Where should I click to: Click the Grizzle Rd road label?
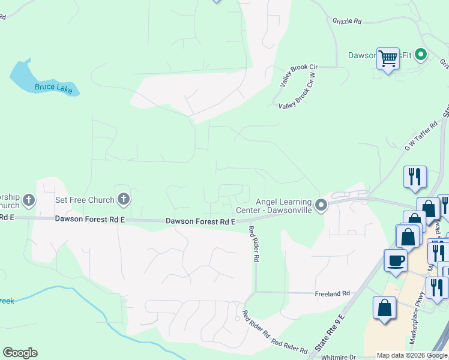pyautogui.click(x=347, y=21)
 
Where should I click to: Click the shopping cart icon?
pyautogui.click(x=388, y=58)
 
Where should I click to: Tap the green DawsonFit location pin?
pyautogui.click(x=421, y=55)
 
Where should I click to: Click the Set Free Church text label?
pyautogui.click(x=85, y=200)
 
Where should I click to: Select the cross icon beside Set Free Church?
pyautogui.click(x=124, y=199)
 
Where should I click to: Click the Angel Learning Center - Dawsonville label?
pyautogui.click(x=283, y=205)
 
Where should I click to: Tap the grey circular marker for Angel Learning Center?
pyautogui.click(x=321, y=205)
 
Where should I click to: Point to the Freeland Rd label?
pyautogui.click(x=333, y=294)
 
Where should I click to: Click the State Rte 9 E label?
pyautogui.click(x=330, y=332)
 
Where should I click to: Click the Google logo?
pyautogui.click(x=20, y=353)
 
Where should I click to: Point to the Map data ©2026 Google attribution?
pyautogui.click(x=411, y=356)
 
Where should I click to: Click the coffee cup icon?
pyautogui.click(x=396, y=260)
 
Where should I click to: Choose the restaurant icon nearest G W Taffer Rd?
pyautogui.click(x=415, y=176)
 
